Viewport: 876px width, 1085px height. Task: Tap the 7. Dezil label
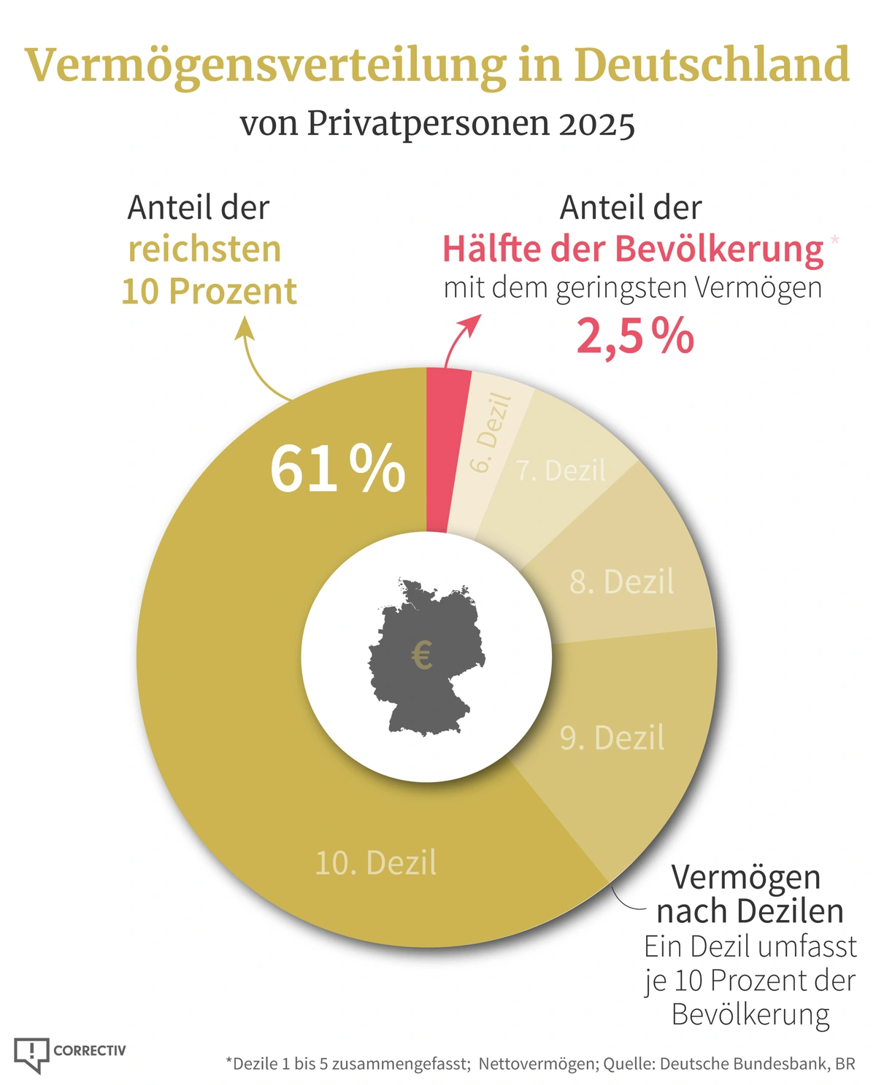pyautogui.click(x=561, y=471)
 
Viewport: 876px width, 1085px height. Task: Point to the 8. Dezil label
pyautogui.click(x=622, y=582)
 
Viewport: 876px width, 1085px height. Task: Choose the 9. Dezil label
pyautogui.click(x=612, y=738)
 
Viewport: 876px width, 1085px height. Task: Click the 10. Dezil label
pyautogui.click(x=376, y=863)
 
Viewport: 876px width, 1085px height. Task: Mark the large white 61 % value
pyautogui.click(x=337, y=469)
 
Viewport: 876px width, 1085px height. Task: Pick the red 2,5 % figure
pyautogui.click(x=635, y=337)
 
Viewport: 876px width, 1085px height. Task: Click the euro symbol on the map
pyautogui.click(x=422, y=655)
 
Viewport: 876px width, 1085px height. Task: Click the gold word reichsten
pyautogui.click(x=204, y=250)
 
